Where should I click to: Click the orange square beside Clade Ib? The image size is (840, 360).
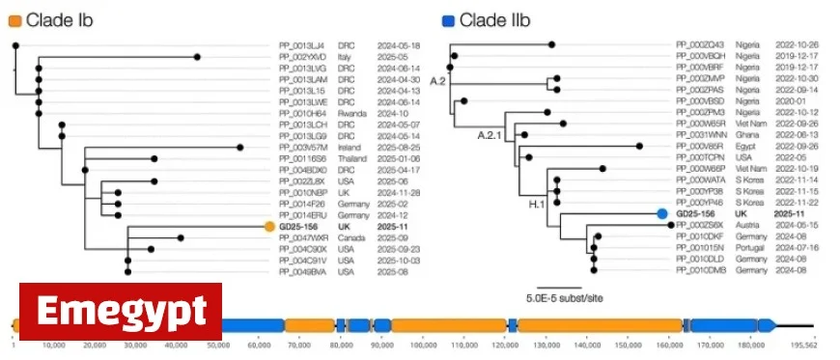14,18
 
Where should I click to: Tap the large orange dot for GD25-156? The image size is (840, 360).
270,228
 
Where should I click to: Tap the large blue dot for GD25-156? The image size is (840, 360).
662,214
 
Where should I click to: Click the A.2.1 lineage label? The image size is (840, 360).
490,136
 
